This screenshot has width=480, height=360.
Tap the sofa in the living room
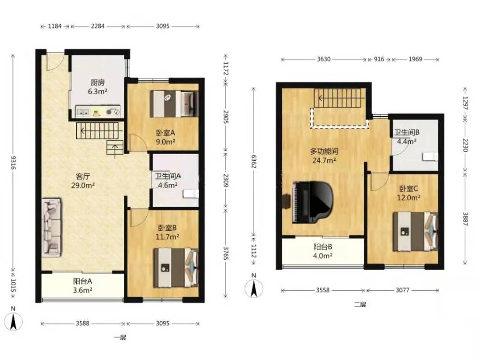pyautogui.click(x=52, y=227)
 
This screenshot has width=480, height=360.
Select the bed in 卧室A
pyautogui.click(x=174, y=104)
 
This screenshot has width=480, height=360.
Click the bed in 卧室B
pyautogui.click(x=176, y=268)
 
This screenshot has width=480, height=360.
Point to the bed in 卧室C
pyautogui.click(x=415, y=231)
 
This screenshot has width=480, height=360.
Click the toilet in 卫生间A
pyautogui.click(x=191, y=194)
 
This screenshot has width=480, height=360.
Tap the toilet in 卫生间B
pyautogui.click(x=431, y=156)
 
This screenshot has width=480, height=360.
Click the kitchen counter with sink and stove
pyautogui.click(x=98, y=111)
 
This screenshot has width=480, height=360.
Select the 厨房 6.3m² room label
pyautogui.click(x=97, y=86)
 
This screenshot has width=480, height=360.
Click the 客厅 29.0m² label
pyautogui.click(x=83, y=181)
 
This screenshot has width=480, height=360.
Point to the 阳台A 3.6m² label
pyautogui.click(x=83, y=286)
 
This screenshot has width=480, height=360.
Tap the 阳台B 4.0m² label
pyautogui.click(x=323, y=251)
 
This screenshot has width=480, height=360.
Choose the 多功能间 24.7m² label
pyautogui.click(x=324, y=156)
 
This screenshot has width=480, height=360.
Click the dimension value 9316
pyautogui.click(x=13, y=162)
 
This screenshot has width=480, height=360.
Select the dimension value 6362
pyautogui.click(x=254, y=162)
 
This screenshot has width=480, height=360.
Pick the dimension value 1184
pyautogui.click(x=55, y=26)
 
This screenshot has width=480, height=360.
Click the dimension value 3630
pyautogui.click(x=324, y=59)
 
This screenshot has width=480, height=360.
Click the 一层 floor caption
pyautogui.click(x=120, y=338)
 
